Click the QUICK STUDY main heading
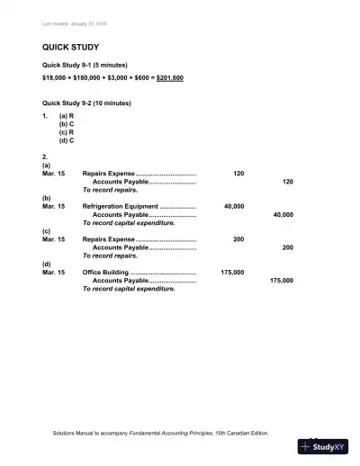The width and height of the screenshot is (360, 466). pyautogui.click(x=70, y=46)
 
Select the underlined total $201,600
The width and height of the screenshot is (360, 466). pyautogui.click(x=170, y=78)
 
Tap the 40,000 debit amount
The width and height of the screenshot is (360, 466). pyautogui.click(x=233, y=206)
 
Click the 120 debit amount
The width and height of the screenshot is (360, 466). pyautogui.click(x=238, y=173)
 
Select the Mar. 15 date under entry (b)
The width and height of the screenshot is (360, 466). pyautogui.click(x=54, y=206)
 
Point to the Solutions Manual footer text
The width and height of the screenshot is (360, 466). pyautogui.click(x=160, y=433)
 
